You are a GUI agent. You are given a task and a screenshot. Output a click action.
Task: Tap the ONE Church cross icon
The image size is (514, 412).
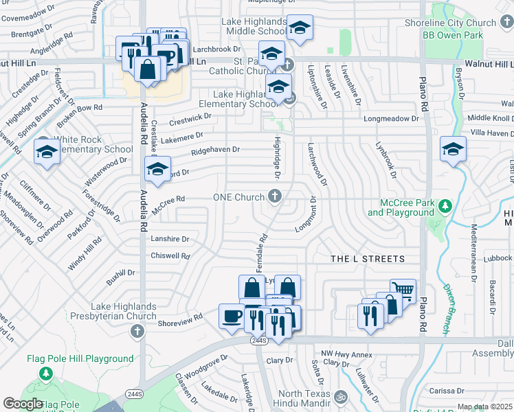[x=274, y=197]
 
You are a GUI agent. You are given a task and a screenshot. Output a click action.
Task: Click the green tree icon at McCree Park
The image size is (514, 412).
[x=445, y=205]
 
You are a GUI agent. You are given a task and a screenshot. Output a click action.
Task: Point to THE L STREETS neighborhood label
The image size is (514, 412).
[x=368, y=258]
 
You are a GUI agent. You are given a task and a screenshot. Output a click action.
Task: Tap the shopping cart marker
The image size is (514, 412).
[x=403, y=290]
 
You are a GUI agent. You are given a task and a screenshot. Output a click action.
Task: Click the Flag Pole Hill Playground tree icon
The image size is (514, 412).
[x=46, y=374]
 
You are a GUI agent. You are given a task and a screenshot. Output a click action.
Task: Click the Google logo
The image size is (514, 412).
[x=23, y=404]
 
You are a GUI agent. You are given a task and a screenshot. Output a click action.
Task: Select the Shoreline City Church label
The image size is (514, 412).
[x=460, y=23]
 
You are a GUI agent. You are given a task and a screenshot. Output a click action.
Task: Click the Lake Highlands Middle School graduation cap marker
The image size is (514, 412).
[x=300, y=28]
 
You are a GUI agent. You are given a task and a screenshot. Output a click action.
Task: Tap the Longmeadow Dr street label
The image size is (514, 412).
[x=391, y=119]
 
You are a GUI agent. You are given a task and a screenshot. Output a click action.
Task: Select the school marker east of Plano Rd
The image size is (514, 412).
[x=454, y=149]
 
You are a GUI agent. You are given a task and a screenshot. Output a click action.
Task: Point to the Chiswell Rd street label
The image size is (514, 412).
[x=170, y=255]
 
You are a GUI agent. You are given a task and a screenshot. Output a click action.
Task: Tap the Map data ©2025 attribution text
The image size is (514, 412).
[x=485, y=407]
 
